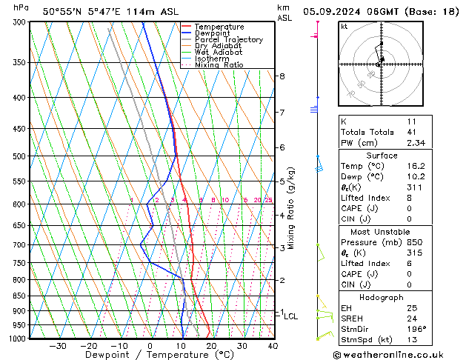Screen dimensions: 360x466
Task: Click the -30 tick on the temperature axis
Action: (57, 346)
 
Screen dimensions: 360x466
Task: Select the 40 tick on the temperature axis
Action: (273, 346)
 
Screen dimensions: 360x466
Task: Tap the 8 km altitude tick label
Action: (282, 76)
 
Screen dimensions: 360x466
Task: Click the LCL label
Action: (290, 316)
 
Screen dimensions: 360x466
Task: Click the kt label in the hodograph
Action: (344, 26)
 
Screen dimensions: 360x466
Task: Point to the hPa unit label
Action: (21, 7)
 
